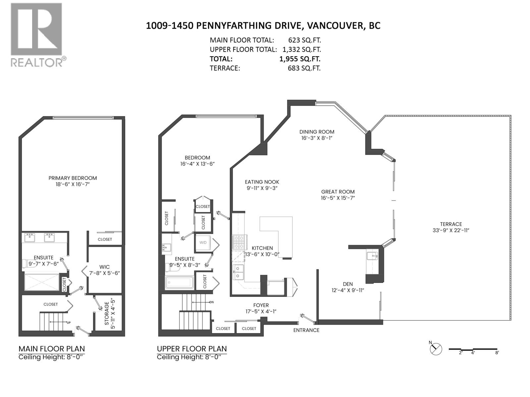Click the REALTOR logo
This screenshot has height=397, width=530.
(36, 35)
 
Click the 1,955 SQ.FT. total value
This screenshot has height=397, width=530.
(300, 59)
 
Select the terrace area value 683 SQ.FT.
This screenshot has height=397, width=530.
(304, 68)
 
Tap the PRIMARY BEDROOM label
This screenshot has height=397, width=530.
(73, 178)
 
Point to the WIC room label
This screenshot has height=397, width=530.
(104, 267)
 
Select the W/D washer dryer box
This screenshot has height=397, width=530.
(203, 243)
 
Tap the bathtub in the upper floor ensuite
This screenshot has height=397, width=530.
(179, 282)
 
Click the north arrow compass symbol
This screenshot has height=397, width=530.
(436, 349)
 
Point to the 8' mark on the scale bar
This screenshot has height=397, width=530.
(497, 353)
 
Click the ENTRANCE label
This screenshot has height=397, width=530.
(306, 330)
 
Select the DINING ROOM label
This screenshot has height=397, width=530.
(317, 132)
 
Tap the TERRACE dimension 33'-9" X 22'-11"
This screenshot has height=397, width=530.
(451, 230)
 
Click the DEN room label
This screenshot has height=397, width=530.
(347, 284)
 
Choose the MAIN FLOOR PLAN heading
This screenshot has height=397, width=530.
(52, 349)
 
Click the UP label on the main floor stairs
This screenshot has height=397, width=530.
(69, 323)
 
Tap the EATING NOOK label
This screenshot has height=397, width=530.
(262, 182)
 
